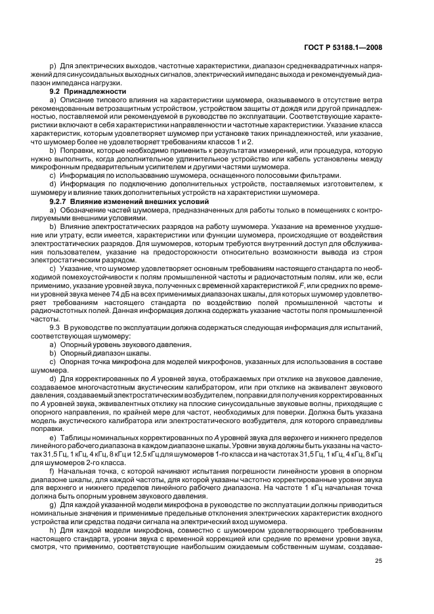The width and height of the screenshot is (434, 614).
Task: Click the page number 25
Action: [378, 560]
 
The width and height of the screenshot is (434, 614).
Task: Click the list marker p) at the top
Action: [53, 68]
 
